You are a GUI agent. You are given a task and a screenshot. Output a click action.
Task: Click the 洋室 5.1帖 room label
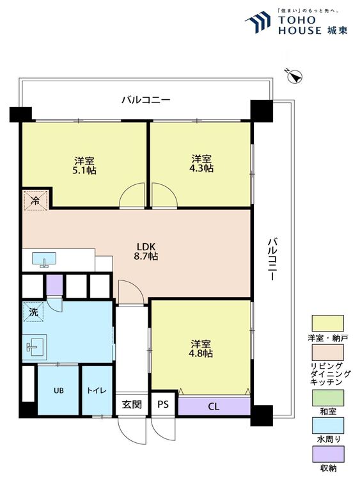(x=84, y=165)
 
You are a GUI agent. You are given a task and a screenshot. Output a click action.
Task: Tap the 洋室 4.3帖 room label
(x=201, y=164)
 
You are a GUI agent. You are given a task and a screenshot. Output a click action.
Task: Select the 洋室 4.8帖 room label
(x=201, y=348)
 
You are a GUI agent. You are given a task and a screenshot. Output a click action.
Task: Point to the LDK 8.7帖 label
(x=146, y=252)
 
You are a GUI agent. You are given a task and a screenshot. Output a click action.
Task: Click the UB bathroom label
(x=59, y=390)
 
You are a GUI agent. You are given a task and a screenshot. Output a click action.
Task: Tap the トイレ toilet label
(x=97, y=390)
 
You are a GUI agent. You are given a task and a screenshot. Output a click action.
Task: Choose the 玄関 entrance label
(x=132, y=404)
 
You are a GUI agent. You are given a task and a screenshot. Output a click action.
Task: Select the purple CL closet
(x=214, y=406)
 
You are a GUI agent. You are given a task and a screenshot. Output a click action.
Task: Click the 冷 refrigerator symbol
(x=36, y=200)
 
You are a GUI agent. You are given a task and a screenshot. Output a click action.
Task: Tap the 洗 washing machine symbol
(x=33, y=312)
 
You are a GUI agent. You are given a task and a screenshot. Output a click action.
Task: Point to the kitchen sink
(x=44, y=260)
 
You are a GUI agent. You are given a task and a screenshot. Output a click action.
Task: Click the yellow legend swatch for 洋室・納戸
(x=327, y=323)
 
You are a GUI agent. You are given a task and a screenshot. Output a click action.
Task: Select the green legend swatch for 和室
(x=328, y=397)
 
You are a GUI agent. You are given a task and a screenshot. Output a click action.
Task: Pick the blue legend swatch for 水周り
(x=328, y=426)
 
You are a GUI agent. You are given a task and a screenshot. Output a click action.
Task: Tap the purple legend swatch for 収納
(x=328, y=454)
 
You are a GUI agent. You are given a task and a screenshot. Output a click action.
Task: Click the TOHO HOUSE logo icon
(x=258, y=22)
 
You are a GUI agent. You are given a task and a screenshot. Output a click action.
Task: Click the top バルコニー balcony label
(x=146, y=100)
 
